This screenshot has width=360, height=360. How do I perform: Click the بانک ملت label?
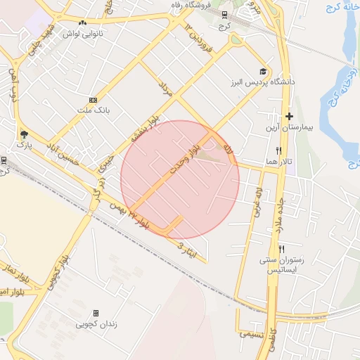coord(94,111)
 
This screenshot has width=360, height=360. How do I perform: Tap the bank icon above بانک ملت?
coord(94,100)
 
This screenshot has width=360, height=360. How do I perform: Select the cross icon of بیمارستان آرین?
coord(289,116)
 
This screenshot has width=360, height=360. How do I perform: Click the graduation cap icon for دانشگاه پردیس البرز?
coord(263,71)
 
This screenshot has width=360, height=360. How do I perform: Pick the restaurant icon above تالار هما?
coord(279,150)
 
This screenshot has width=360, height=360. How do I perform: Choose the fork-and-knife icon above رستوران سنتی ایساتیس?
coord(281,249)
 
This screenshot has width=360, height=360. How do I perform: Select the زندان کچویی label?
coord(96,324)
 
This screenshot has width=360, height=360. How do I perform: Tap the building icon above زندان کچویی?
coord(96,313)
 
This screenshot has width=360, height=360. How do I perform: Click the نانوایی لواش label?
coord(83,34)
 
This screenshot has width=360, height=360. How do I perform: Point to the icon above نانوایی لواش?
coord(83,23)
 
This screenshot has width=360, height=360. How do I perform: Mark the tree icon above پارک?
coord(24,134)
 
